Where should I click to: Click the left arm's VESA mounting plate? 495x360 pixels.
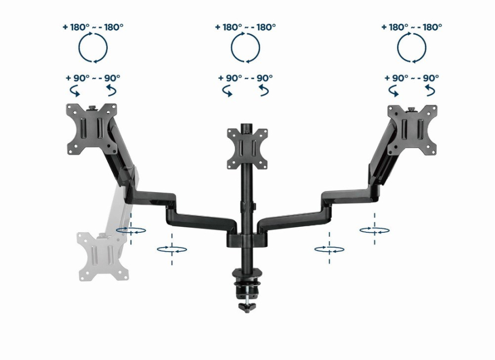pyautogui.click(x=91, y=129)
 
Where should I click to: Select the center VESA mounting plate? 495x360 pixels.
pyautogui.click(x=247, y=149)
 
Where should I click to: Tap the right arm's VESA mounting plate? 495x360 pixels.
pyautogui.click(x=413, y=131)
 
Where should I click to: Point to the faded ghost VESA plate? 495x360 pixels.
pyautogui.click(x=103, y=257)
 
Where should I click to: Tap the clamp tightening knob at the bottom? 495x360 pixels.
pyautogui.click(x=247, y=307)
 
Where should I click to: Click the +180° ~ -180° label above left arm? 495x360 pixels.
pyautogui.click(x=93, y=27)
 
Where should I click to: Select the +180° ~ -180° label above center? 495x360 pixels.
pyautogui.click(x=245, y=27)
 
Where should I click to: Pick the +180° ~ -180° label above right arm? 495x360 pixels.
pyautogui.click(x=411, y=27)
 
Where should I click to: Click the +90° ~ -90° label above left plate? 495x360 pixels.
pyautogui.click(x=93, y=78)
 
